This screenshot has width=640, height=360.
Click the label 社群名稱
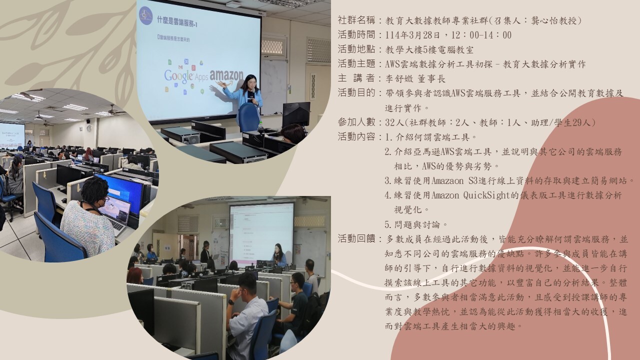(356, 20)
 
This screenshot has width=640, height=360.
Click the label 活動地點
(356, 49)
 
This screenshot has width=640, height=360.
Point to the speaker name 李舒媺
(398, 78)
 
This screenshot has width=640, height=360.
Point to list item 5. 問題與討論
(416, 224)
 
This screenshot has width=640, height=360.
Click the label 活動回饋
(356, 239)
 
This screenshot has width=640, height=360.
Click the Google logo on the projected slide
(178, 75)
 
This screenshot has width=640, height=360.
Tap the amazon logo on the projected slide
(226, 75)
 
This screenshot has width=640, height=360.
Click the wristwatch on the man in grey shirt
(231, 301)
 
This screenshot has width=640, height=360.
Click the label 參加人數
(356, 122)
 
